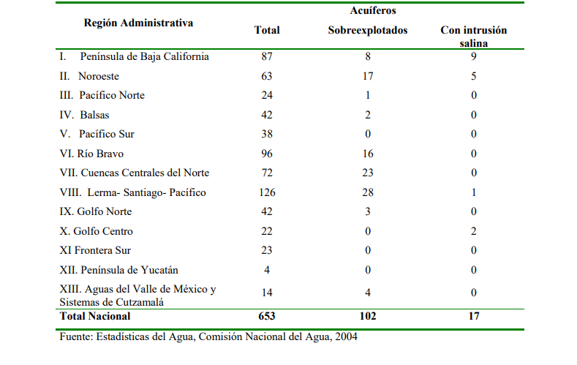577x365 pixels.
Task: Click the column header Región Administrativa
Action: [138, 23]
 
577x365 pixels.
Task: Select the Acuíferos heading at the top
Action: [368, 12]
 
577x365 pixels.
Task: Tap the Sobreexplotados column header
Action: [368, 31]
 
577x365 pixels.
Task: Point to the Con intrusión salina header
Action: [473, 37]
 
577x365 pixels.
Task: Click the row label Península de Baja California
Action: [144, 56]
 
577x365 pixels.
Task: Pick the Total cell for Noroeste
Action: [266, 75]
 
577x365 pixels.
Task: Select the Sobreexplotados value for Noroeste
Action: [368, 75]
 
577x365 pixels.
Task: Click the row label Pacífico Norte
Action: [111, 95]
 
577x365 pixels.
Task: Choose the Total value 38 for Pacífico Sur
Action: [266, 134]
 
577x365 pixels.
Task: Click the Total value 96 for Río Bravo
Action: [266, 154]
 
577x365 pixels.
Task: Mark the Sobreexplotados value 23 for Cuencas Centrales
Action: [368, 173]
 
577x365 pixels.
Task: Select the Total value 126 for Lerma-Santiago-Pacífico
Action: [266, 192]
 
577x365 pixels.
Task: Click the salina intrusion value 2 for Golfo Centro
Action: [473, 231]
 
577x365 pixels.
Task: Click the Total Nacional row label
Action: [95, 316]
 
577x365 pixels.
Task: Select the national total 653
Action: [266, 316]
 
